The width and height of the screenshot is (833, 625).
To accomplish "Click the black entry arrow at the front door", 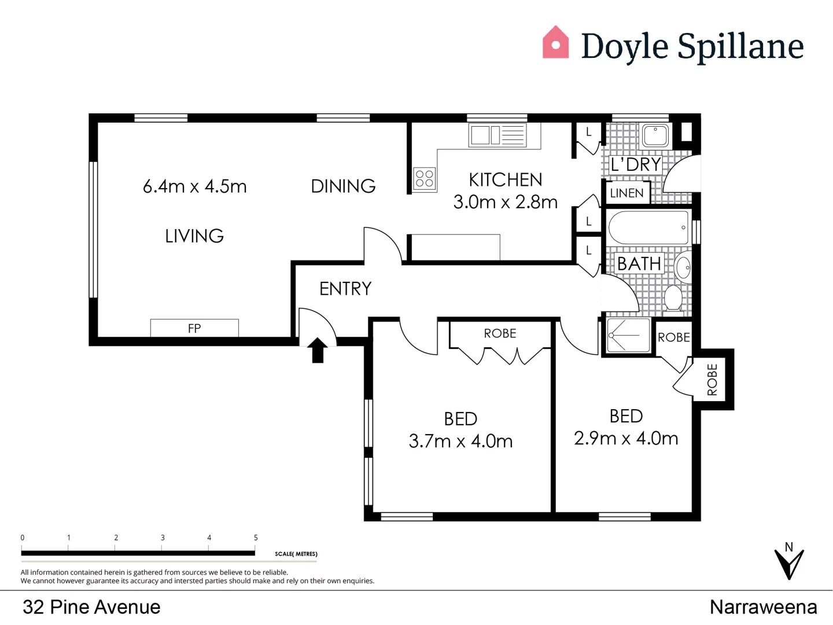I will pos(317,351).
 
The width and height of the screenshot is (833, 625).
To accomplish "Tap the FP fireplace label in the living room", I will pos(194,328).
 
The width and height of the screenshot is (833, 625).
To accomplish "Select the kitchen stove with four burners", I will pos(425,178).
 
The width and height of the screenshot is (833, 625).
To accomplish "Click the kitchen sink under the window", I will pos(497,135).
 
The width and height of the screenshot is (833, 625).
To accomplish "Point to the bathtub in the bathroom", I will pos(648,227).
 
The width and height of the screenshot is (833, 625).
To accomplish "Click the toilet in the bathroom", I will pos(673,297).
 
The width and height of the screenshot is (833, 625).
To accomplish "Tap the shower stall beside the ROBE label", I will pos(628,336).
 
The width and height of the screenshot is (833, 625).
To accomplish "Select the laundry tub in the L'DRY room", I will pos(655,135).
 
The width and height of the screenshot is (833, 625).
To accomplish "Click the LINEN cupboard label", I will pos(626,193).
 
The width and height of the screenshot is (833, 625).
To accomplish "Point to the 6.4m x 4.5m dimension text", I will pos(194,186).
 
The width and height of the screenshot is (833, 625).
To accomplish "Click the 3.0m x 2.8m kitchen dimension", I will pos(505,202).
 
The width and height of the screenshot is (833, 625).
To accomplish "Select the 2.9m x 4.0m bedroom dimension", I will pos(626,438).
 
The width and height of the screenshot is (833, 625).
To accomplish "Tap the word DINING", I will pos(343,186).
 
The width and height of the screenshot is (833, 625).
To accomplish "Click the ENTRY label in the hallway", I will pos(345,288).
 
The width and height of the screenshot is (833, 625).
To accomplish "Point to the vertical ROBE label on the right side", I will pos(712,380).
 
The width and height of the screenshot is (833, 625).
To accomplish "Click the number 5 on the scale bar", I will pos(256,538).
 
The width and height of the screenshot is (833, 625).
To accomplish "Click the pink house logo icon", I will pos(555,43).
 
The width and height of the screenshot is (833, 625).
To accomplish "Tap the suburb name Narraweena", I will pos(763,607).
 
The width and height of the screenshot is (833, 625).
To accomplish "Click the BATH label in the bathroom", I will pos(639,264).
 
